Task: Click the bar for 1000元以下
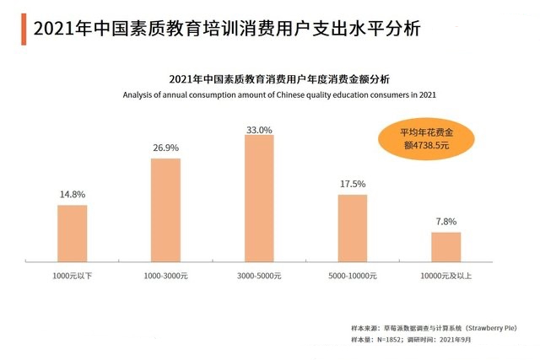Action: point(73,234)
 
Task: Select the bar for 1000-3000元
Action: point(165,211)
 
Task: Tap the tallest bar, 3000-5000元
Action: point(259,199)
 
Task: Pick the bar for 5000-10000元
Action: point(353,229)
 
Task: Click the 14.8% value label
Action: point(73,195)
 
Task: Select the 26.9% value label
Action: point(165,148)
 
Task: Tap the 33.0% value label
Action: point(259,130)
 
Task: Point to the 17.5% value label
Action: point(353,184)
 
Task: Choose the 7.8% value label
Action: point(446,222)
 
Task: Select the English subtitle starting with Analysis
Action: point(278,95)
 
